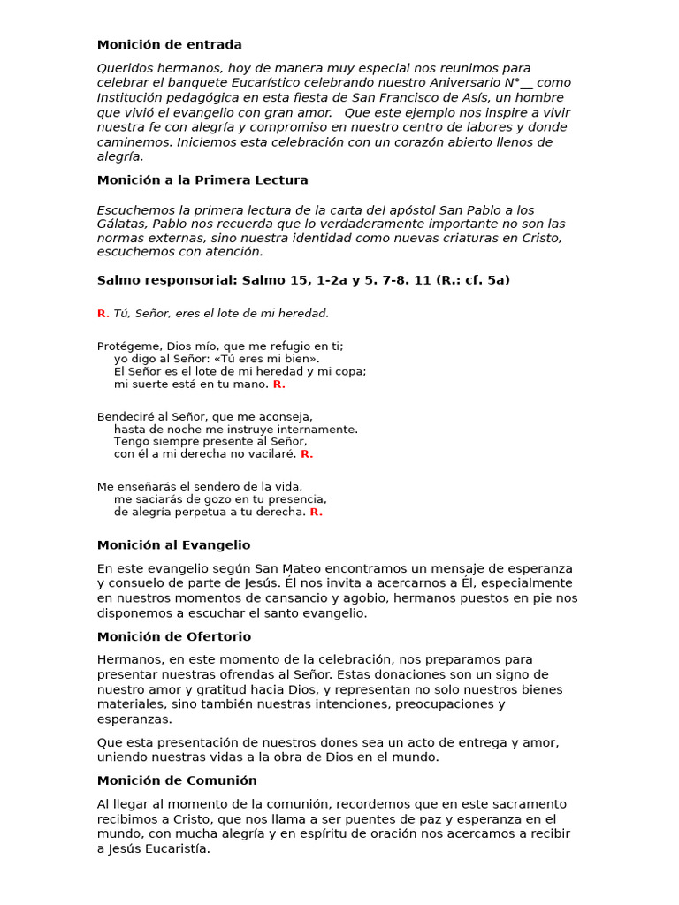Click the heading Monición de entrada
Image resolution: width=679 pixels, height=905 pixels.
tap(169, 45)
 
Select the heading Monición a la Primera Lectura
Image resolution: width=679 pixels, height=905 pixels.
tap(202, 180)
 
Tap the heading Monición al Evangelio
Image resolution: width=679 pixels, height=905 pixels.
tap(173, 545)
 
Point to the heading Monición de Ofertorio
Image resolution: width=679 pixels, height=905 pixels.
tap(174, 637)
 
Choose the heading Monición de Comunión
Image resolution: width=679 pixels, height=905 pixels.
tap(177, 781)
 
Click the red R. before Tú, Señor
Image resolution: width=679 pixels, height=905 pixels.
tap(103, 314)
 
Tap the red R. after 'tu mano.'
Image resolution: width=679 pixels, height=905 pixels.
tap(278, 384)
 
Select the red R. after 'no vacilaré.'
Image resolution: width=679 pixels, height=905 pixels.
tap(307, 454)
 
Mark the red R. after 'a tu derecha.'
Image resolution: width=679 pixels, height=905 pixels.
tap(316, 512)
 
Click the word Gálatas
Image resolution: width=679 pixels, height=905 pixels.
tap(121, 225)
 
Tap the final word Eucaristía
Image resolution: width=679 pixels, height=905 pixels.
tap(179, 849)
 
